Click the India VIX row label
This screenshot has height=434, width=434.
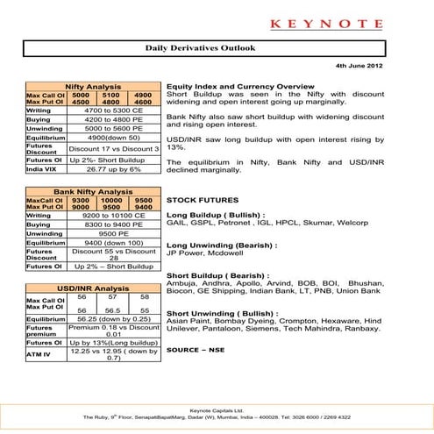(41, 169)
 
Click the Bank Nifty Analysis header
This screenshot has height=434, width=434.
(93, 190)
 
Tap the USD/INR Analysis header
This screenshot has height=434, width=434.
(93, 288)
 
